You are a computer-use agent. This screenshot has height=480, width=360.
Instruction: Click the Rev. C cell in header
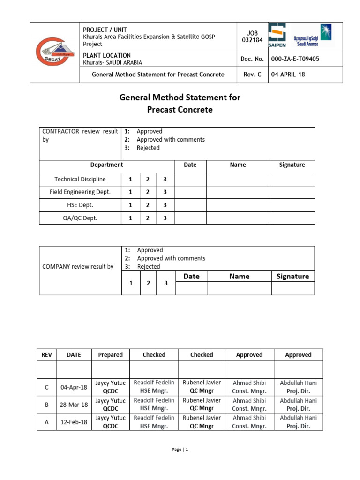point(252,75)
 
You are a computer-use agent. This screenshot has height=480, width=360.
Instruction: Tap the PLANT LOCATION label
point(106,55)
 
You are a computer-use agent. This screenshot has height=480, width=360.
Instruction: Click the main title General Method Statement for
point(180,97)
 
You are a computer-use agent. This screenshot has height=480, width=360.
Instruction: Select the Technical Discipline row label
point(80,179)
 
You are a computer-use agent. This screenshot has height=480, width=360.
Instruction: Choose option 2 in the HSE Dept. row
point(148,205)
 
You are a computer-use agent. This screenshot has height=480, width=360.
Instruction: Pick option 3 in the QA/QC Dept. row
point(165,218)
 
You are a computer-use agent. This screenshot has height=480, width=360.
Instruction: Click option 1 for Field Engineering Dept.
point(131,192)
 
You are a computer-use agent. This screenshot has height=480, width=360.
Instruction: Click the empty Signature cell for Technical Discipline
point(292,179)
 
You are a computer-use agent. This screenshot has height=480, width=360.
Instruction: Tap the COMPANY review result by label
point(78,267)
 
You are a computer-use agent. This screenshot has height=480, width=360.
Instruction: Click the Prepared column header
point(110,355)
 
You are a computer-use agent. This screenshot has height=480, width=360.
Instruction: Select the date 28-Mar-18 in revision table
point(74,405)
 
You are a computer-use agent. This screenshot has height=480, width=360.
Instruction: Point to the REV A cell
point(46,422)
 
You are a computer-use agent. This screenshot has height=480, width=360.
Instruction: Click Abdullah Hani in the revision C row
point(298,383)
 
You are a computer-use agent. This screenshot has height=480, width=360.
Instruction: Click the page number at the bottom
point(180,450)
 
